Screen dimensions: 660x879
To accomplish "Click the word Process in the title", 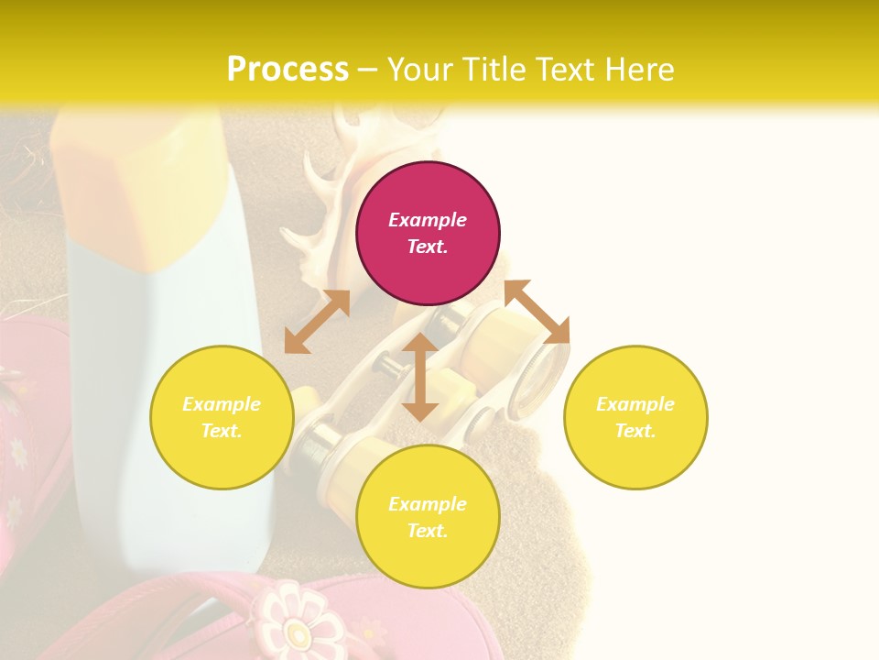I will point(288,70).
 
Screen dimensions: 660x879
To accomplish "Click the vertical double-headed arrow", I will point(420,377).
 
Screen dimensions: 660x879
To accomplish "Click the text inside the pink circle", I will point(428,233).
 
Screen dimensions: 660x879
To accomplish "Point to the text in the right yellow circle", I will point(635,417).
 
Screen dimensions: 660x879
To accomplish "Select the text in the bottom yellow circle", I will point(428,517).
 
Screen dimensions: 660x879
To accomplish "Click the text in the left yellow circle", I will point(222,417).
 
